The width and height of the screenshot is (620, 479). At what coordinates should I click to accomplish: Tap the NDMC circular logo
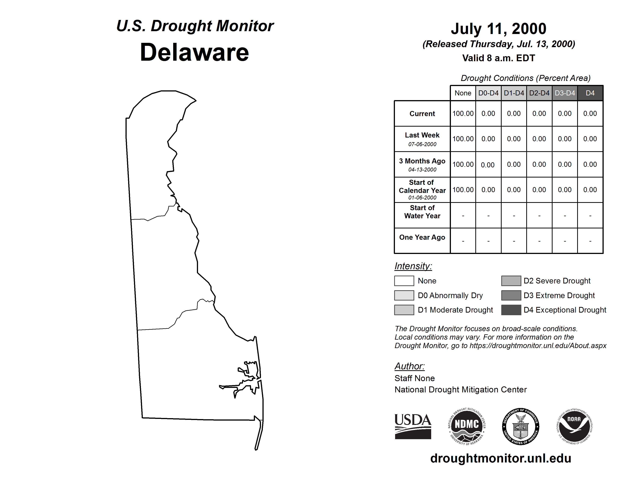tap(467, 427)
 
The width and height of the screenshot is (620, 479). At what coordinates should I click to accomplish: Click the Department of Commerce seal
tap(520, 427)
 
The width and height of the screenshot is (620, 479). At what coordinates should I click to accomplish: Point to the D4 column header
tap(590, 93)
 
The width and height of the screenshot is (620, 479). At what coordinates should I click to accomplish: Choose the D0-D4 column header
tap(488, 93)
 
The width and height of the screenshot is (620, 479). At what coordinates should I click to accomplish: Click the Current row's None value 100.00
tap(463, 113)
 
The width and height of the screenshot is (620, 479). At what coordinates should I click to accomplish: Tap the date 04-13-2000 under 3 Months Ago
tap(422, 170)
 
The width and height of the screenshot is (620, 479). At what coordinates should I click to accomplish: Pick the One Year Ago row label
tap(422, 237)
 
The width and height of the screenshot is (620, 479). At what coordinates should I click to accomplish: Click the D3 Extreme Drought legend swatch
tap(511, 295)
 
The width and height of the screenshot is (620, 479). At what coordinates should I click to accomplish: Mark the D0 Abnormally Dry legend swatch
tap(404, 295)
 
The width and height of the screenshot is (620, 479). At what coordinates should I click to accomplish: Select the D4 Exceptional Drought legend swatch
tap(511, 310)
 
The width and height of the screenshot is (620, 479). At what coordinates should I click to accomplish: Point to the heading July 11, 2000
tap(498, 29)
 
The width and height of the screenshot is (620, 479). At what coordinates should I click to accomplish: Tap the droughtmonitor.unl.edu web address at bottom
tap(501, 458)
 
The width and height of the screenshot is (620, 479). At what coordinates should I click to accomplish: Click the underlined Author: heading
tap(409, 366)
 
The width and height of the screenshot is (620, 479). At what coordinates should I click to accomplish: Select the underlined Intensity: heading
tap(413, 266)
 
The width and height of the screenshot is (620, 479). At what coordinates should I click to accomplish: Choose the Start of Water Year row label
tap(422, 212)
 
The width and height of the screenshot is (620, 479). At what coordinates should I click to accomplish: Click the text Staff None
tap(414, 378)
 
